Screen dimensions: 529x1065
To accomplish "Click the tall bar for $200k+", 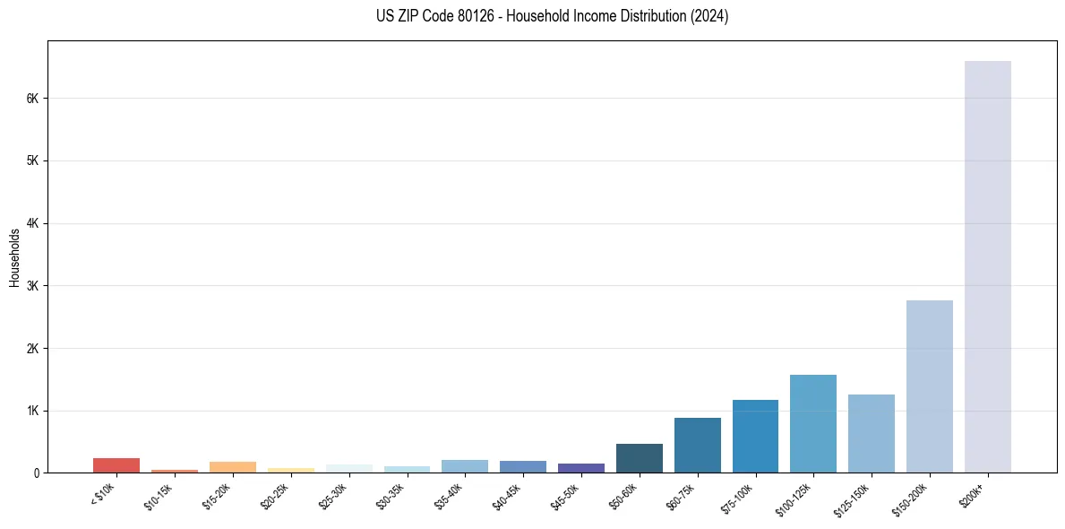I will (987, 269).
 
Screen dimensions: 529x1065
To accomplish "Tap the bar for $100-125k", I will (812, 424).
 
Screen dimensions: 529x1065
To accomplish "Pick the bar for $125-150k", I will (871, 434).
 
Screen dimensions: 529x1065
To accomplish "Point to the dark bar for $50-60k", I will (639, 458).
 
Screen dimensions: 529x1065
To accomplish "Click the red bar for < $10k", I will (116, 465).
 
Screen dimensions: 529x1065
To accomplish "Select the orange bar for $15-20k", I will (232, 467).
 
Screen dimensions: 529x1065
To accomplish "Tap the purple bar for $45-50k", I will (580, 468).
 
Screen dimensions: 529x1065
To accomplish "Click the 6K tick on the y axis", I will (34, 99).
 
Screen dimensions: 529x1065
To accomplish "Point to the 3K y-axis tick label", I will (34, 286).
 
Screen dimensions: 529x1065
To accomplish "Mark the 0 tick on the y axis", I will (38, 473).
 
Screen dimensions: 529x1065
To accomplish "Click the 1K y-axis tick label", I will (34, 411).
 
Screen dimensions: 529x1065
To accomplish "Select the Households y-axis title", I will (14, 257).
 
